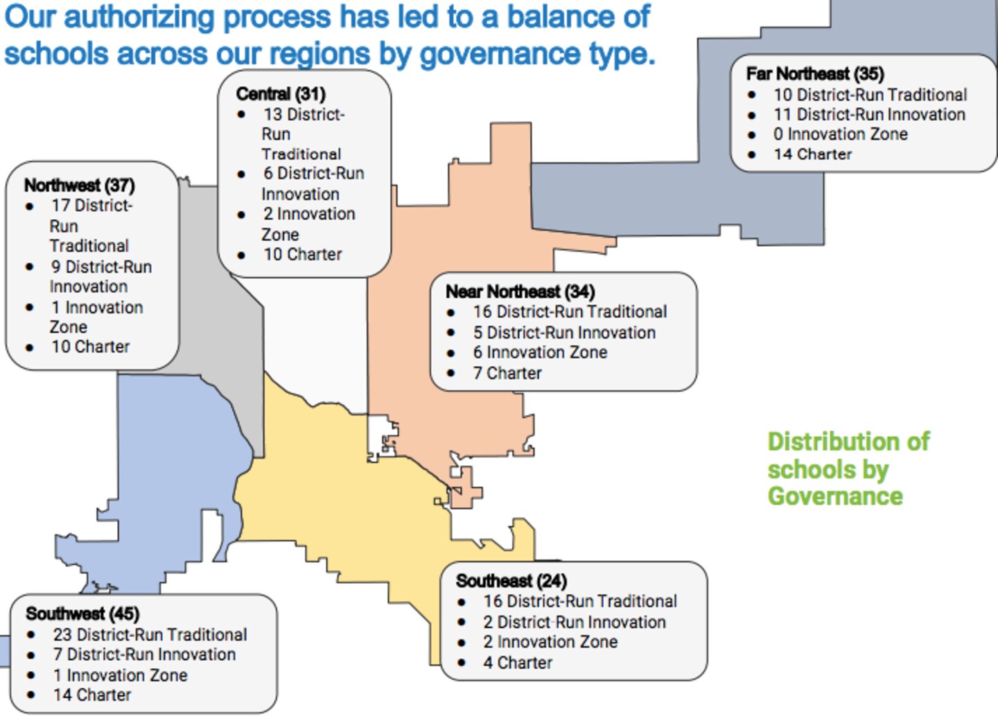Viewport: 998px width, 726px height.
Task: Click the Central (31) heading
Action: coord(280,94)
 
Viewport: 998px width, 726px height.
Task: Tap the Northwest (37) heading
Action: coord(79,185)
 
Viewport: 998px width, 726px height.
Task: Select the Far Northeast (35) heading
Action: coord(814,74)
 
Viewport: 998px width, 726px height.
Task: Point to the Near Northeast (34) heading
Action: coord(520,291)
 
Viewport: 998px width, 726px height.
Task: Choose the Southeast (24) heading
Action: coord(511,580)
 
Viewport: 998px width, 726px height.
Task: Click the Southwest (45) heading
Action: coord(82,614)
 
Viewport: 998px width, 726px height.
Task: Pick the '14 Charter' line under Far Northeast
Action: coord(812,154)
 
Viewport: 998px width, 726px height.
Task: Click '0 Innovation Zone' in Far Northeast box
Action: coord(840,134)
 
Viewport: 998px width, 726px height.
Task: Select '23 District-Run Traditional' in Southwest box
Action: coord(150,634)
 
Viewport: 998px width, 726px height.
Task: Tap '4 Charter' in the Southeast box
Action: coord(518,663)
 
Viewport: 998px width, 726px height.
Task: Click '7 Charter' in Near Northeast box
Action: coord(507,373)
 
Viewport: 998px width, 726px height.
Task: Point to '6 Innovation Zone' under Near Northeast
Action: coord(540,352)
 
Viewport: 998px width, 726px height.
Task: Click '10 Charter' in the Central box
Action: coord(302,254)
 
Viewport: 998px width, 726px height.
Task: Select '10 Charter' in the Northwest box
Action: coord(90,347)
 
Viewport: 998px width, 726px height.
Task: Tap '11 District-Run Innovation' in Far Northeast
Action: coord(869,114)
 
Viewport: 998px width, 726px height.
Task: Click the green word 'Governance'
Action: coord(835,496)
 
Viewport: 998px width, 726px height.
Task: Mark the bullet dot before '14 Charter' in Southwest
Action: coord(31,695)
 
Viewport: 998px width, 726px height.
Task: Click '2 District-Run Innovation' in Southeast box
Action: coord(575,622)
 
